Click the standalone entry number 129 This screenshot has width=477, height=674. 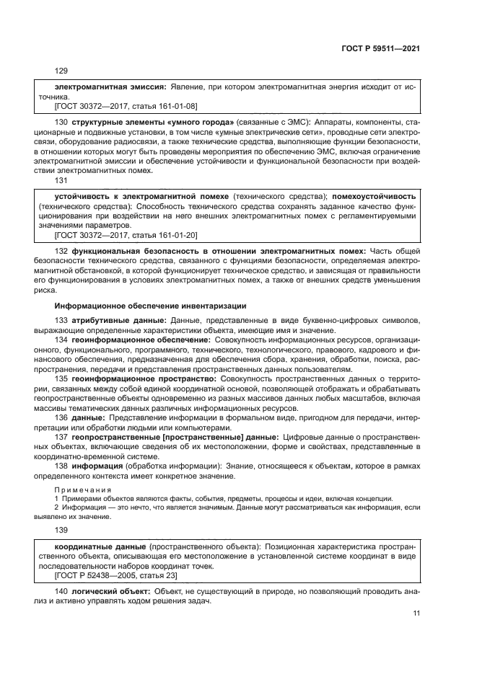61,71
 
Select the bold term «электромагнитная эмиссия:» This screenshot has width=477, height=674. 110,87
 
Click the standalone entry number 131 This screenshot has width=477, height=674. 61,182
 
